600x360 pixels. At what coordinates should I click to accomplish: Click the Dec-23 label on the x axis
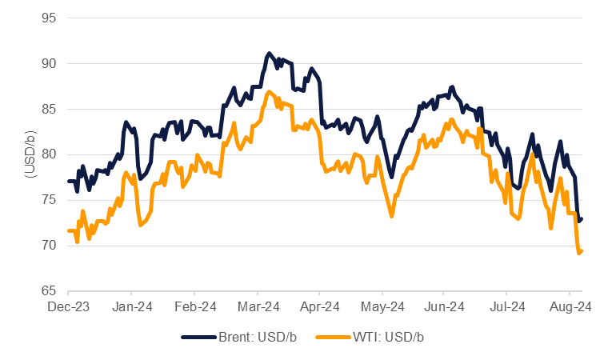coord(69,306)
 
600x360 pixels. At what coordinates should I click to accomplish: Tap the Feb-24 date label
coord(196,306)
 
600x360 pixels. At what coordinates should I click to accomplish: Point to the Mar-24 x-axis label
coord(258,306)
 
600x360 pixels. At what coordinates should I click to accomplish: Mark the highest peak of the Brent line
coord(269,54)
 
